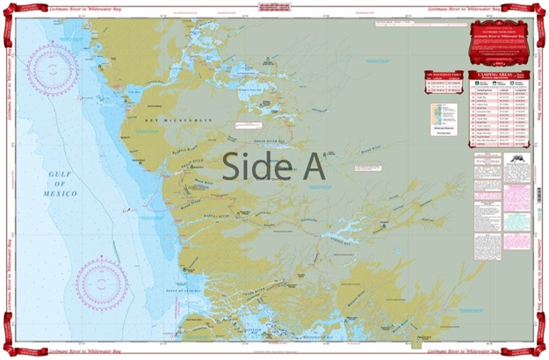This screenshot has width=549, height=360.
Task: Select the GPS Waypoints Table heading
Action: coord(443,76)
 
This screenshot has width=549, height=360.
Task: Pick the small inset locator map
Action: coord(444,113)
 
